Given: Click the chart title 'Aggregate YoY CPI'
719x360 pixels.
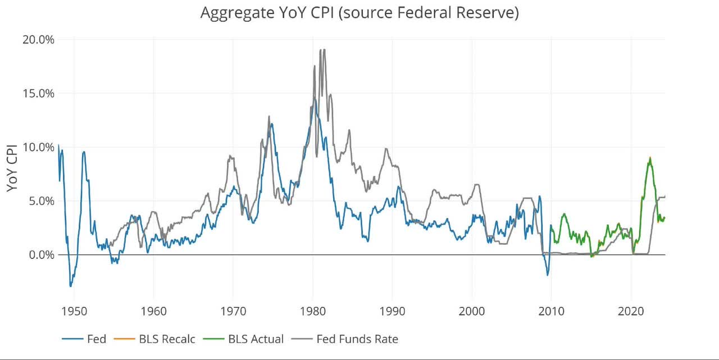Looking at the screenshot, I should click(359, 13).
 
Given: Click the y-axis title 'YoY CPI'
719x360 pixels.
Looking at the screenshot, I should click(12, 167).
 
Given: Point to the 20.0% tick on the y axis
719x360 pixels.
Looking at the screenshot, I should click(38, 39).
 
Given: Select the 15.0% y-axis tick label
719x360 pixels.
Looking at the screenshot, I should click(38, 93).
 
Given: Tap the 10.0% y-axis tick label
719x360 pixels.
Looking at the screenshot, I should click(38, 147).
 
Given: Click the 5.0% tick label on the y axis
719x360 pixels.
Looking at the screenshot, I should click(40, 201).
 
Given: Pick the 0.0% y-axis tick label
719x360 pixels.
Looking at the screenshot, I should click(40, 255).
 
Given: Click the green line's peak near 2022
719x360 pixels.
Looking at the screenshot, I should click(650, 158).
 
